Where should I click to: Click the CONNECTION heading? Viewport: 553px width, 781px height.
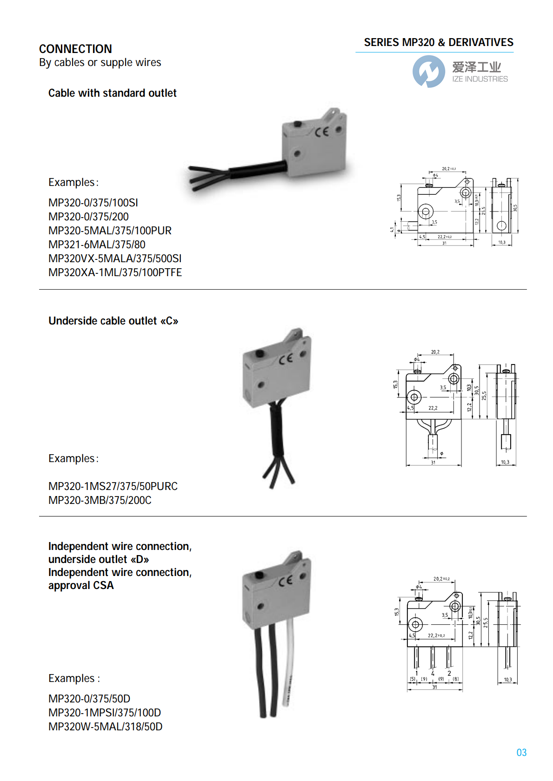click(75, 49)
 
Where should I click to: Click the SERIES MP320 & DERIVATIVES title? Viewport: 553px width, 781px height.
click(438, 42)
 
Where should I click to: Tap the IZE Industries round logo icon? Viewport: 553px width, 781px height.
click(428, 71)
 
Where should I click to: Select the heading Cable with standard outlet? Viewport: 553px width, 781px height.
click(112, 93)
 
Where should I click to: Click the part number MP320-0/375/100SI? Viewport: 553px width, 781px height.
click(93, 203)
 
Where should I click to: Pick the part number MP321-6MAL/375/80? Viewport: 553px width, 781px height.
click(97, 245)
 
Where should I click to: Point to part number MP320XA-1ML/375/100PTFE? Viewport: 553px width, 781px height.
click(115, 272)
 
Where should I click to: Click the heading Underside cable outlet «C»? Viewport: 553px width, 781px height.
click(113, 321)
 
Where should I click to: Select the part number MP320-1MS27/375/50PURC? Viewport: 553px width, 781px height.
click(113, 486)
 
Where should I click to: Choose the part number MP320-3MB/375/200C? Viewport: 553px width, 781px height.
click(100, 500)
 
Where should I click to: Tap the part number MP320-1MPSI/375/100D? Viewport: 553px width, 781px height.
click(105, 713)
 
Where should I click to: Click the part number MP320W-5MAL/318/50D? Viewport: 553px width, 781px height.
click(106, 727)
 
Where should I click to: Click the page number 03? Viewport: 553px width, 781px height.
click(521, 752)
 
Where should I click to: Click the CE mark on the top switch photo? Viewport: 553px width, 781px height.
click(321, 132)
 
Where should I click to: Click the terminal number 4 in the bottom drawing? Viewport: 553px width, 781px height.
click(433, 673)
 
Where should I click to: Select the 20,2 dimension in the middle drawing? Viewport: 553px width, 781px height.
click(435, 352)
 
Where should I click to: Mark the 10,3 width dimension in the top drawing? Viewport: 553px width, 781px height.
click(501, 242)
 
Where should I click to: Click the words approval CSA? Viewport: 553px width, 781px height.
click(81, 585)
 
